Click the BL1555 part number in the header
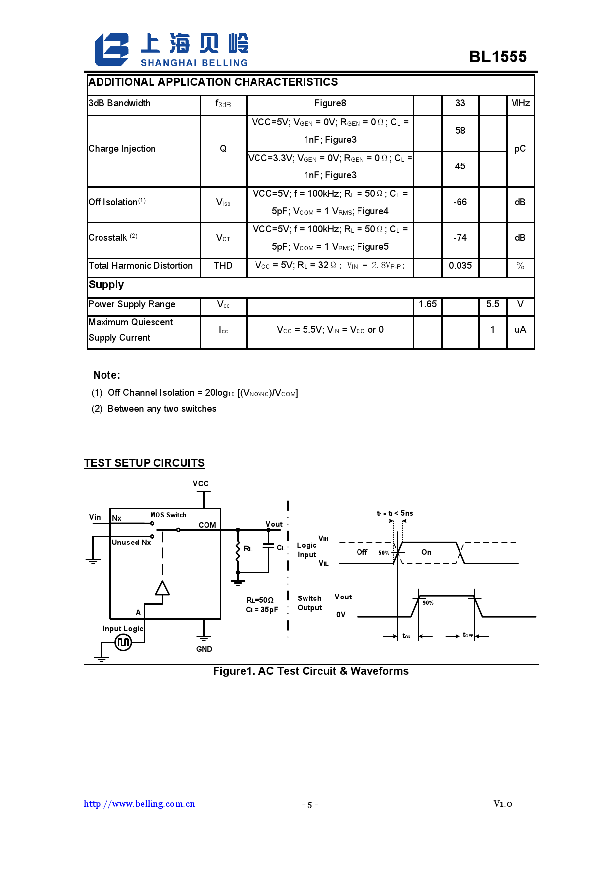coord(498,57)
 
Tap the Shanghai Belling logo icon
coord(112,50)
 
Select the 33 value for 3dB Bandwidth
coord(460,103)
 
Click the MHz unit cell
coord(520,103)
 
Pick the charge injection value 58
coord(460,131)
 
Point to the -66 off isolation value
coord(460,202)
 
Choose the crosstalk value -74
coord(460,238)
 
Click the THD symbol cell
coord(223,266)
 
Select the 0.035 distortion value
coord(460,266)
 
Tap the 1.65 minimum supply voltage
coord(428,304)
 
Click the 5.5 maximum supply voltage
coord(493,304)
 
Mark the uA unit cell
coord(520,330)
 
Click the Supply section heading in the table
coord(106,285)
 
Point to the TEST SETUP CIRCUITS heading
coord(144,463)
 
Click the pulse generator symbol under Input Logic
coord(123,643)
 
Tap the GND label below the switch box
coord(204,649)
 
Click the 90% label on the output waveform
coord(428,603)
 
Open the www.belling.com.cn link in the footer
coord(139,804)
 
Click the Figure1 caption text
coord(311,671)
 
